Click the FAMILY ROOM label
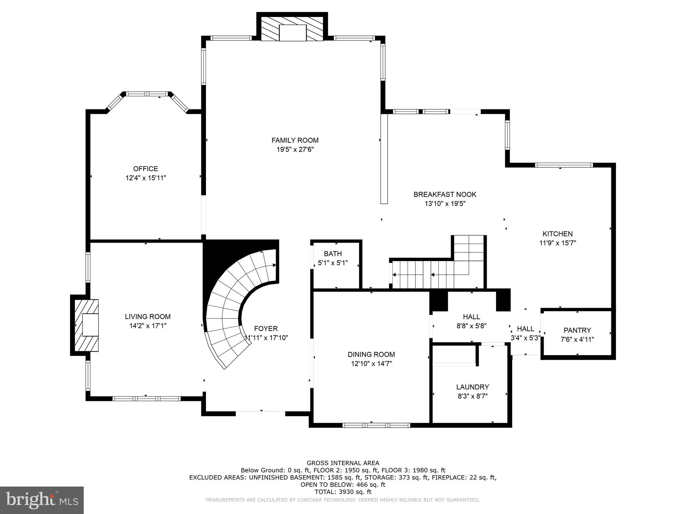pyautogui.click(x=295, y=140)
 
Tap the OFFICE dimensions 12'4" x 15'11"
pyautogui.click(x=146, y=178)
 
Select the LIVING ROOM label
pyautogui.click(x=148, y=317)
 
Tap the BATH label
pyautogui.click(x=333, y=254)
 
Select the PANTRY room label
pyautogui.click(x=577, y=330)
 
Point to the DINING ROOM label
pyautogui.click(x=371, y=354)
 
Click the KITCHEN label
pyautogui.click(x=557, y=234)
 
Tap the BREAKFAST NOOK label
pyautogui.click(x=445, y=194)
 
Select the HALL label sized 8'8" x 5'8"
pyautogui.click(x=471, y=317)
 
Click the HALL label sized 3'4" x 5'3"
pyautogui.click(x=525, y=329)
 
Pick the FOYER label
pyautogui.click(x=266, y=329)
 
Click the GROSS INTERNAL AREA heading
pyautogui.click(x=343, y=463)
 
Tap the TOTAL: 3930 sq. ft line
pyautogui.click(x=343, y=492)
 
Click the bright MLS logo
pyautogui.click(x=42, y=500)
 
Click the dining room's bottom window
pyautogui.click(x=376, y=425)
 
